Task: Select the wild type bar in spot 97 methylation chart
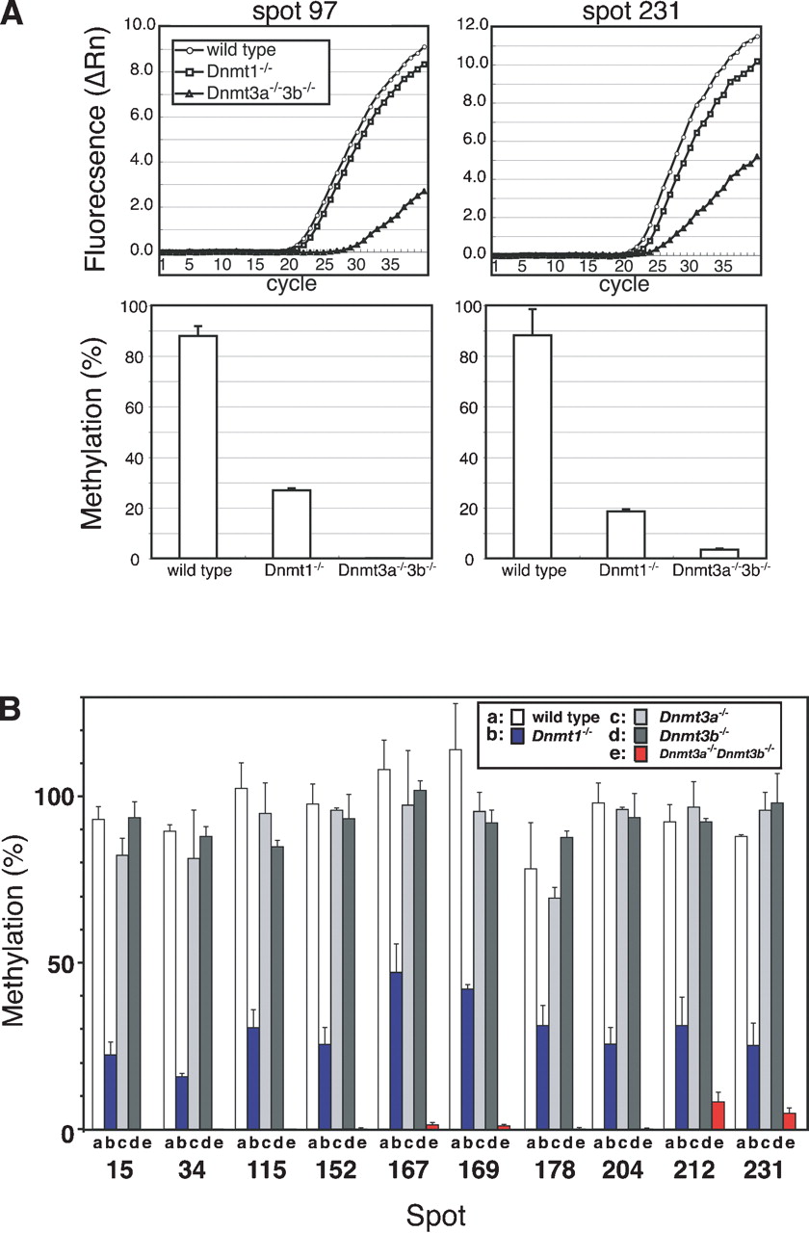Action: [x=193, y=447]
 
